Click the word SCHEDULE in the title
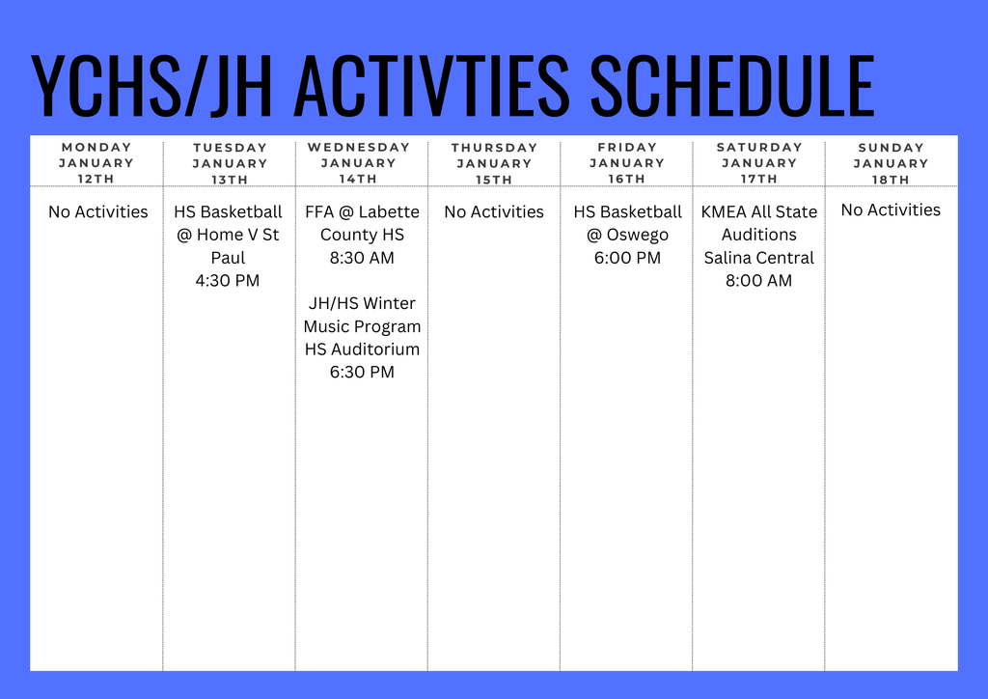click(x=731, y=86)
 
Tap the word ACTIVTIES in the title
click(x=430, y=86)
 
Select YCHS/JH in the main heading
click(x=153, y=86)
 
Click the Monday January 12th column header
click(x=96, y=163)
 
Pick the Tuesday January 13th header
click(x=230, y=163)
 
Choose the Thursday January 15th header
click(x=494, y=163)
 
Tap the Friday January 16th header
click(x=627, y=163)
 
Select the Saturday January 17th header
click(x=759, y=163)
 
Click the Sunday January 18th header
click(x=891, y=163)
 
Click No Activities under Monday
click(x=98, y=211)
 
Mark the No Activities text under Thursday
click(x=494, y=211)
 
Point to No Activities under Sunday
click(x=891, y=210)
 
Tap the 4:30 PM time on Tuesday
click(x=228, y=281)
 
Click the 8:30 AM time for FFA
click(x=362, y=258)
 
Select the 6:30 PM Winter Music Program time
click(x=362, y=372)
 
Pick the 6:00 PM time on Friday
click(x=627, y=258)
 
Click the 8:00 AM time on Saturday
click(x=758, y=281)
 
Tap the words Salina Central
click(x=758, y=258)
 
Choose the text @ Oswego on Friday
click(x=627, y=235)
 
